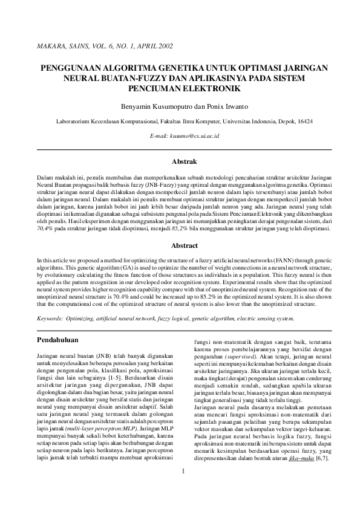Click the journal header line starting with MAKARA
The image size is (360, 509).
(x=105, y=46)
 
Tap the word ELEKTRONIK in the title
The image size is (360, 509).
(x=216, y=89)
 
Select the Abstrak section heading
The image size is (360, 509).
(x=184, y=163)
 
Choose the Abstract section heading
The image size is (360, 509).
(x=184, y=245)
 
